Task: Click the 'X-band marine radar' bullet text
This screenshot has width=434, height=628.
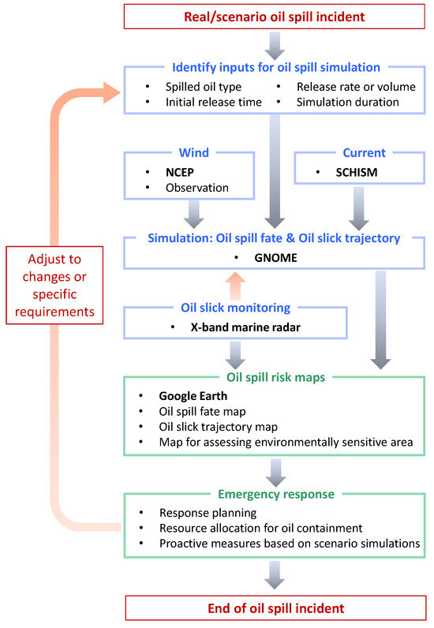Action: [x=237, y=327]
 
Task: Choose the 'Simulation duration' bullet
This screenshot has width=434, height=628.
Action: [x=348, y=102]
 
